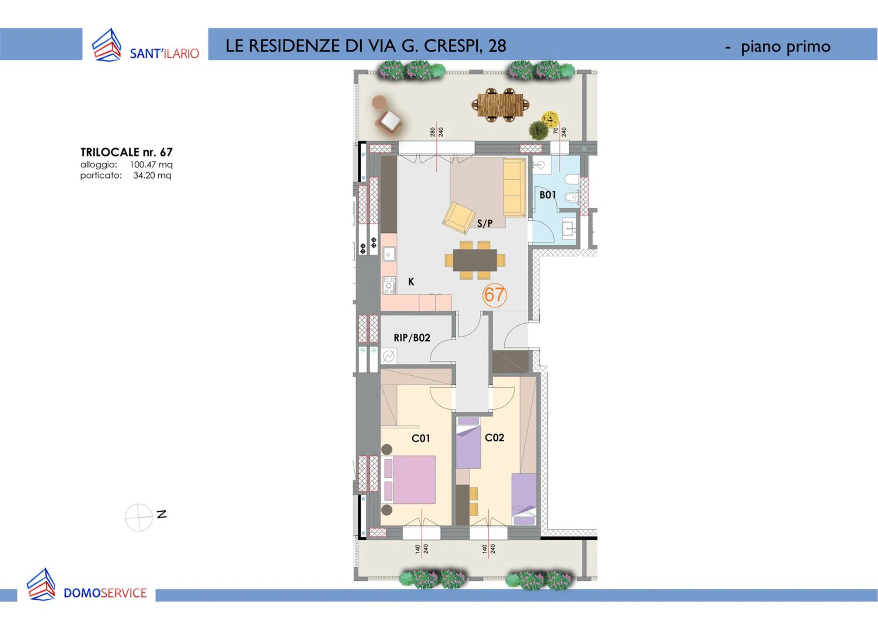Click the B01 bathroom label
point(548,195)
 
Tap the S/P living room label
point(485,224)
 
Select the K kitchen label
point(411,282)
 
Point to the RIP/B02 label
point(412,338)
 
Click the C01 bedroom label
point(421,438)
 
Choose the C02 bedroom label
point(494,437)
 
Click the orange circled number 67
point(495,295)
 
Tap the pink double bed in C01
point(409,479)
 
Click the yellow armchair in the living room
point(459,217)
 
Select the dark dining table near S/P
point(475,260)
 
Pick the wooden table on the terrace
point(500,105)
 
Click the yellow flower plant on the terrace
point(550,119)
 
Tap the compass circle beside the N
point(139,517)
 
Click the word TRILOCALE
point(110,152)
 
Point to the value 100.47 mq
point(151,165)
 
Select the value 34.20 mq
point(152,175)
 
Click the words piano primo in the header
point(785,47)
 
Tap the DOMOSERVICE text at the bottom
point(105,593)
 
